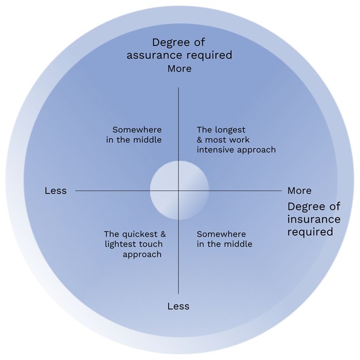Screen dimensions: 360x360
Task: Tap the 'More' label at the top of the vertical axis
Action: click(179, 69)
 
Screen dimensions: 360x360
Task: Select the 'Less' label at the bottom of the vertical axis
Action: click(179, 306)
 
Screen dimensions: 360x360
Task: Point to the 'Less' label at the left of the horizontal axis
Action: click(56, 190)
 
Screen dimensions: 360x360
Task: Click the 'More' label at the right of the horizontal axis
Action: click(299, 190)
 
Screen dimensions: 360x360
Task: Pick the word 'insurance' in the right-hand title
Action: click(314, 219)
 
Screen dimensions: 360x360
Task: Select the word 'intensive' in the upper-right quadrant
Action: click(215, 150)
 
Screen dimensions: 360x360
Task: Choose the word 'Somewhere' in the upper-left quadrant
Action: click(137, 129)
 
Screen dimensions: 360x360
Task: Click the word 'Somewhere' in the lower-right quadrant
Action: click(222, 234)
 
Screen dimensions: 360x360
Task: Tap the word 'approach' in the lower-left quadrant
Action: click(142, 254)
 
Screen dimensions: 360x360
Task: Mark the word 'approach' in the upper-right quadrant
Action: click(257, 150)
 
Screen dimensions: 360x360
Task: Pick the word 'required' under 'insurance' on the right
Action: click(310, 232)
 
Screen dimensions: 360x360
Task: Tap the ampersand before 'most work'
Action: click(200, 139)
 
